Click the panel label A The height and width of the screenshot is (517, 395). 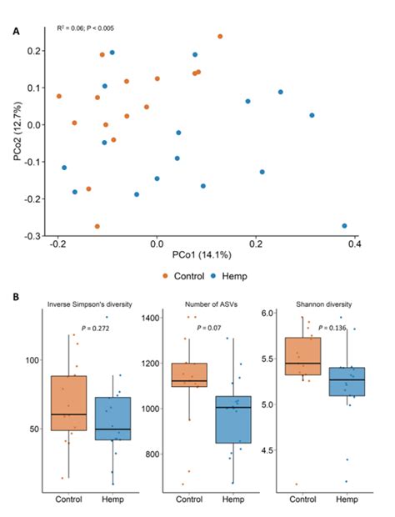point(17,31)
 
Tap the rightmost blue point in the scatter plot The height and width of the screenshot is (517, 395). point(344,226)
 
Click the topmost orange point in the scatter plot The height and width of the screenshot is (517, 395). point(220,37)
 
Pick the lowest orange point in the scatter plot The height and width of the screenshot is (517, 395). point(97,226)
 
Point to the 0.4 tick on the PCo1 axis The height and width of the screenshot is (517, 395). point(354,243)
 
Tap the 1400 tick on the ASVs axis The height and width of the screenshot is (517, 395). point(153,319)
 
